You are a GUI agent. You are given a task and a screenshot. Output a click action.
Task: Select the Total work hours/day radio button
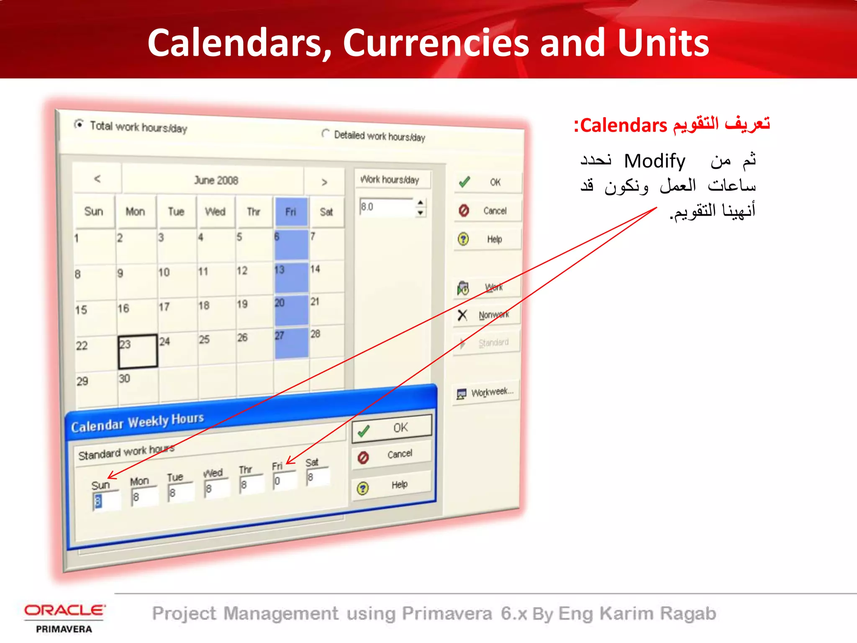pyautogui.click(x=79, y=124)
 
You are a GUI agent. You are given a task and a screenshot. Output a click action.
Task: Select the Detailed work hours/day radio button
pyautogui.click(x=325, y=134)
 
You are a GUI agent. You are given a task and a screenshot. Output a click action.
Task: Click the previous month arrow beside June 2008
pyautogui.click(x=97, y=179)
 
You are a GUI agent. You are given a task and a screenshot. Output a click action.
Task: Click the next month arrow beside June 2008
pyautogui.click(x=324, y=183)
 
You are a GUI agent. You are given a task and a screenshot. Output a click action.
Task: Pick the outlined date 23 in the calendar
pyautogui.click(x=137, y=351)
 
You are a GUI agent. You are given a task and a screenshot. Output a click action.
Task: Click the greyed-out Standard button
pyautogui.click(x=487, y=343)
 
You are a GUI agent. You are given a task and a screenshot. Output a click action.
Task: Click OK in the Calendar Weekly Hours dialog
pyautogui.click(x=392, y=428)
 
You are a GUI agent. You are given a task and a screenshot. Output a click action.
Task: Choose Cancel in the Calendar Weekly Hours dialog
pyautogui.click(x=392, y=455)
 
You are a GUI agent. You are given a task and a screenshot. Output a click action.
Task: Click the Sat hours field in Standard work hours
pyautogui.click(x=318, y=477)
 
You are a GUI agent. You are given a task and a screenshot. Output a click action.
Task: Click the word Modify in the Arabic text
pyautogui.click(x=654, y=161)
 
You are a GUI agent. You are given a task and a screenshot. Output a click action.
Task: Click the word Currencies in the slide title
pyautogui.click(x=436, y=43)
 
